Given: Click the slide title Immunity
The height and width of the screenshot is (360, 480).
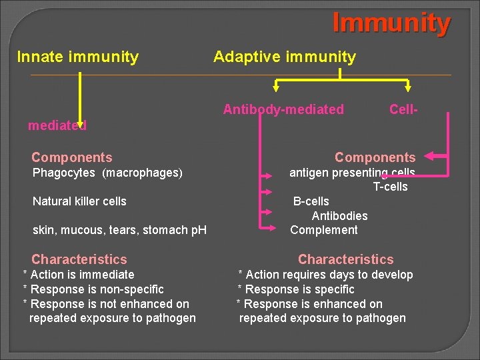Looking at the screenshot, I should tap(391, 23).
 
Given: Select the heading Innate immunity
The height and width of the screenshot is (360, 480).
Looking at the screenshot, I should tap(77, 57).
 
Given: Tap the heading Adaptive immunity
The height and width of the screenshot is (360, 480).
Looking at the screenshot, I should tap(285, 57).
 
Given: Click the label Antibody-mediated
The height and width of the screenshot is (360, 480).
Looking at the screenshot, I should tap(283, 109).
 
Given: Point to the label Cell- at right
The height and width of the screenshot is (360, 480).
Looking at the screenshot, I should tap(403, 109).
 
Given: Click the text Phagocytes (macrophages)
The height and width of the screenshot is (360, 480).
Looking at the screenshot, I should tap(107, 173).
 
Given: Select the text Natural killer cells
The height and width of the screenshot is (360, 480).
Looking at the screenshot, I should tap(79, 201).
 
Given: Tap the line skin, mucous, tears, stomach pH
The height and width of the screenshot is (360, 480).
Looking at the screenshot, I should tap(119, 230).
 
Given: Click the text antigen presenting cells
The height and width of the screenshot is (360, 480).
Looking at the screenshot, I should tap(351, 173).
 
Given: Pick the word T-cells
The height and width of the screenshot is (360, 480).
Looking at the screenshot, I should tap(390, 187).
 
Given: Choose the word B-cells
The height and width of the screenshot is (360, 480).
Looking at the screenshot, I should tap(311, 201).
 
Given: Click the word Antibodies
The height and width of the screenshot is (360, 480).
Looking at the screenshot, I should tap(339, 215).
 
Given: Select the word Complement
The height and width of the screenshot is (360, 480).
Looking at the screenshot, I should tap(324, 230).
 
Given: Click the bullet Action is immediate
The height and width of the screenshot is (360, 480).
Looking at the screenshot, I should tap(79, 275).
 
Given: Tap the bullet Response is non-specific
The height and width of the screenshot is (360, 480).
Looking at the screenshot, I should tap(93, 289).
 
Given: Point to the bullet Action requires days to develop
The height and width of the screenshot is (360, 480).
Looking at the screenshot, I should tap(326, 275).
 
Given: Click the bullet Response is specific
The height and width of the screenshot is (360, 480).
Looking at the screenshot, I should tap(297, 289).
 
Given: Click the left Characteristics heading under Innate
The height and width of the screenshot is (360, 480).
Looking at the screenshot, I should tap(79, 259).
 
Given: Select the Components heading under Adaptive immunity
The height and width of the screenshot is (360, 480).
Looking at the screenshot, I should tap(375, 157).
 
